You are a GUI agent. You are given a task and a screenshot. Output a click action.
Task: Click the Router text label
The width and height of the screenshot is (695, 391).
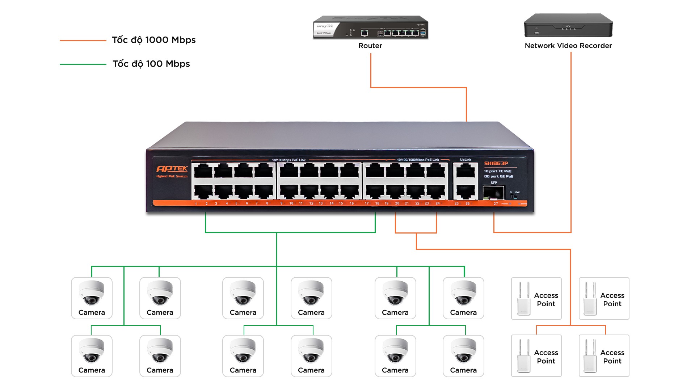click(370, 46)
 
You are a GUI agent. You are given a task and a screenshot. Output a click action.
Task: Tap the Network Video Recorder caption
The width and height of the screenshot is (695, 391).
click(568, 46)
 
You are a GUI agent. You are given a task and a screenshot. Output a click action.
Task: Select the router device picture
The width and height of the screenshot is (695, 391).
click(370, 28)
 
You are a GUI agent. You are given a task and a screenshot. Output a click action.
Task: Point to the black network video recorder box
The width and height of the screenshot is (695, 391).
click(568, 25)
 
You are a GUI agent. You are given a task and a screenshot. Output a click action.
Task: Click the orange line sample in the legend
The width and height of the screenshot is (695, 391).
click(83, 41)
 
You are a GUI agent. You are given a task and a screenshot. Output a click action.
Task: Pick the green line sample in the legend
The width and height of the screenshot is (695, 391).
click(83, 64)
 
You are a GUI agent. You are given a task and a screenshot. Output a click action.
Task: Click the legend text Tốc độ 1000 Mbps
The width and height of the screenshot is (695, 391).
click(154, 40)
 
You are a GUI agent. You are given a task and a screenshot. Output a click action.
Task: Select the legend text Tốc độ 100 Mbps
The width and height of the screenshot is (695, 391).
click(151, 64)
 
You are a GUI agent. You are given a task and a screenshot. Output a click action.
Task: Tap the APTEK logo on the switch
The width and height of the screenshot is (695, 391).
click(172, 169)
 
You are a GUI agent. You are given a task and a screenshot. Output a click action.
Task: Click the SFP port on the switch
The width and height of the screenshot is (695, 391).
click(493, 193)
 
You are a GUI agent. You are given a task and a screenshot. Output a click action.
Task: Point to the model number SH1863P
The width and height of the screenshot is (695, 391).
click(496, 163)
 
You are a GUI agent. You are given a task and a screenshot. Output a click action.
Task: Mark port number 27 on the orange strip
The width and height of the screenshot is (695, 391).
click(496, 203)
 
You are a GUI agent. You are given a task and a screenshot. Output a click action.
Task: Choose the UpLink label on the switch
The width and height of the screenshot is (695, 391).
click(466, 160)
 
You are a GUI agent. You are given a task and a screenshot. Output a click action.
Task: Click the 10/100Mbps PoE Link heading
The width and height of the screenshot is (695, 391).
click(288, 160)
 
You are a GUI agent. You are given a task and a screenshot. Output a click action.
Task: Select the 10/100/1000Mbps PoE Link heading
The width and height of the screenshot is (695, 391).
click(418, 160)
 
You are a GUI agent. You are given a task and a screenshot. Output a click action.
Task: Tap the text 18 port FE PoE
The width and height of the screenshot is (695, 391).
click(498, 171)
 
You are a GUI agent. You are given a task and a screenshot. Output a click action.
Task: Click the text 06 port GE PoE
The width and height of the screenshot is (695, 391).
click(498, 176)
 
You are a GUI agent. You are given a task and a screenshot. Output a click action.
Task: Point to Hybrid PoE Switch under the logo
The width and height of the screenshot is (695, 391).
click(172, 176)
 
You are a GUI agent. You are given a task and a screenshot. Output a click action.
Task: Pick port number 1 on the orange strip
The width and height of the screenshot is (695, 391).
click(196, 204)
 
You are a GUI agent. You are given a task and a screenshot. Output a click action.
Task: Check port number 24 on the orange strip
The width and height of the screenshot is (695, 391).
click(438, 203)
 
